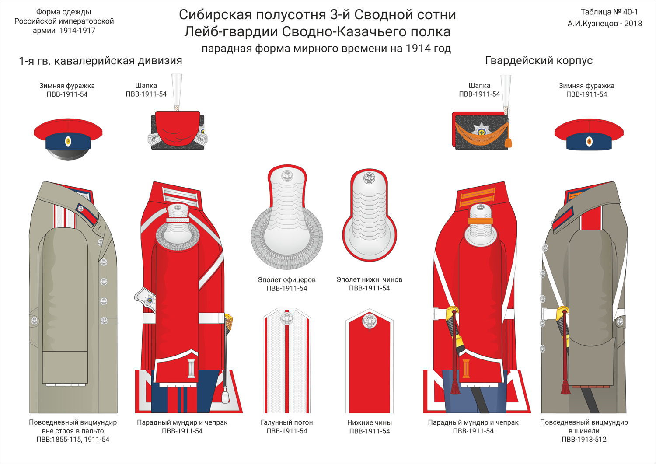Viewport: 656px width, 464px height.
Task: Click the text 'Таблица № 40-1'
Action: click(x=609, y=12)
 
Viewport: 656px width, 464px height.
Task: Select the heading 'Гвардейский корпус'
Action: click(x=539, y=61)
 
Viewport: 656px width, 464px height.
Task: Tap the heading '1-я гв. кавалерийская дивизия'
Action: click(x=101, y=61)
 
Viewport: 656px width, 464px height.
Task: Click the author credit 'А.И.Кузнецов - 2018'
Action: click(x=604, y=24)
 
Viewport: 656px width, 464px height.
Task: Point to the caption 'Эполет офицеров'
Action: click(x=286, y=280)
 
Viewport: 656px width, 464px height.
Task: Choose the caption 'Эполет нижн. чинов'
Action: click(x=369, y=279)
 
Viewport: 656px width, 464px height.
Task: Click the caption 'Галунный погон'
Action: click(x=286, y=422)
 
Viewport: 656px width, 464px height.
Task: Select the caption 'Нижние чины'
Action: click(x=369, y=422)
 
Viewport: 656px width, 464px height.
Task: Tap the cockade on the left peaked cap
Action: click(x=68, y=141)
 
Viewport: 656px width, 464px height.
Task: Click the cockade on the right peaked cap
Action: click(x=589, y=141)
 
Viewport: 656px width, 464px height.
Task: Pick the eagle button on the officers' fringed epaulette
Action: click(x=287, y=176)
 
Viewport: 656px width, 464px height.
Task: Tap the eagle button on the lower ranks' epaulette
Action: click(x=370, y=178)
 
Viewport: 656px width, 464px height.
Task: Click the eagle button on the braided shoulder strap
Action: click(x=286, y=318)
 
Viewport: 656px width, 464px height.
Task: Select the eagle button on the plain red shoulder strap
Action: click(x=370, y=321)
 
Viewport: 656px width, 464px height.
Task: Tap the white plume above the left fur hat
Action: click(x=177, y=90)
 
